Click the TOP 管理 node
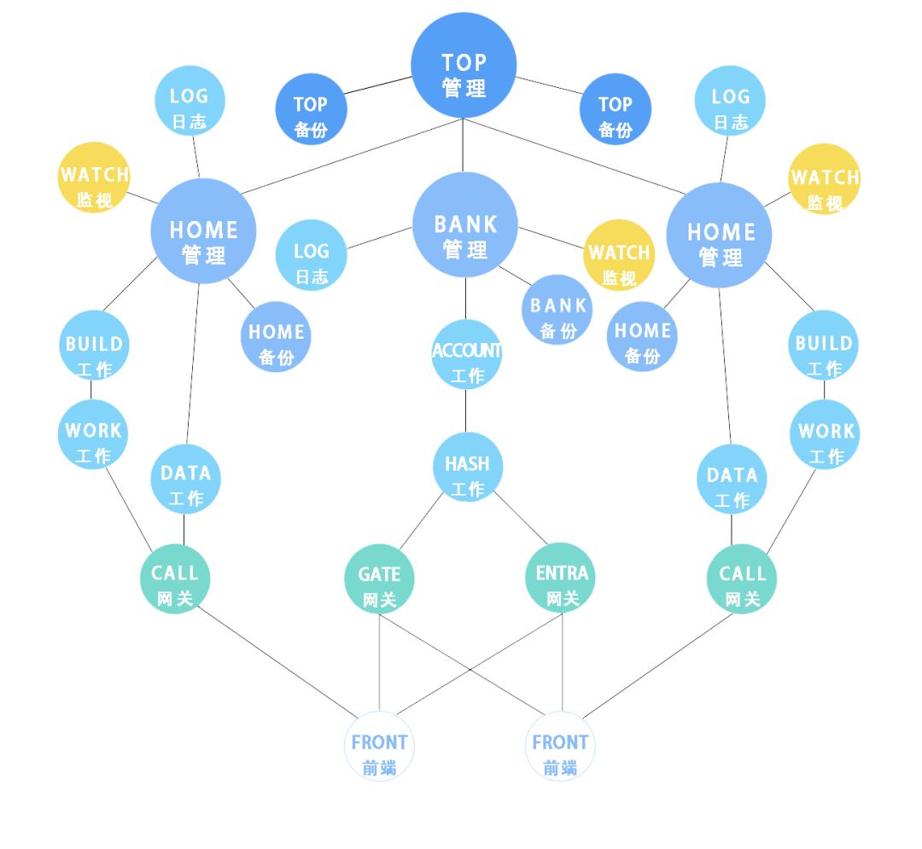coord(464,65)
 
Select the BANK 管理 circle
coord(464,224)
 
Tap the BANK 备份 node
coord(557,309)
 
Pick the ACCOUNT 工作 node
coord(466,354)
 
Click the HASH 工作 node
coord(467,467)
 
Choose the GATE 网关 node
coord(379,579)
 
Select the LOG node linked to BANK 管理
coord(311,255)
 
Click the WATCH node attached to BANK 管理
coord(618,255)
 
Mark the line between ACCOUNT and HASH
coord(466,411)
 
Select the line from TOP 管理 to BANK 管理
coord(464,145)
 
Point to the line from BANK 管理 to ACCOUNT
coord(465,298)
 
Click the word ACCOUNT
coord(466,351)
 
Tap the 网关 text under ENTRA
coord(563,599)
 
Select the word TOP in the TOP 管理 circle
coord(464,62)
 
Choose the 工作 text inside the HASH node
coord(467,490)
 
